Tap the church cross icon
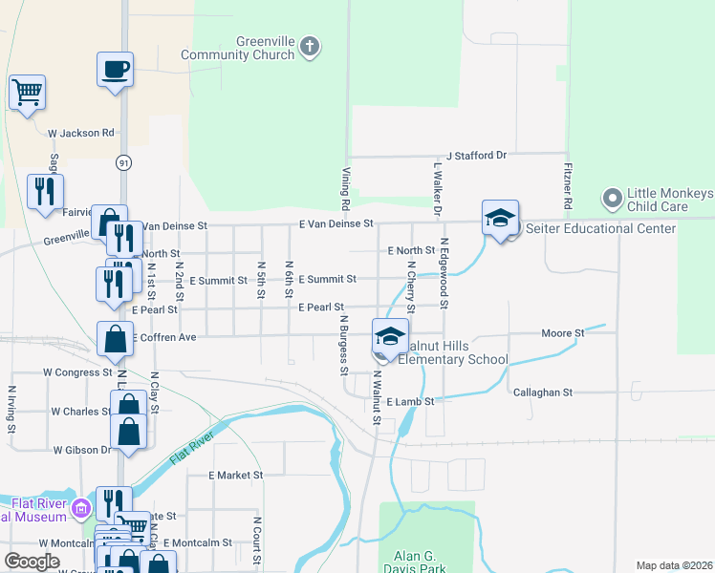[309, 46]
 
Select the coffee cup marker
[115, 70]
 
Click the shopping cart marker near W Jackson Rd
[28, 93]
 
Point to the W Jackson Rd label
[81, 133]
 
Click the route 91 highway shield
[123, 162]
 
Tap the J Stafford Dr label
[475, 155]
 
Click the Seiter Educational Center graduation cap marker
[500, 219]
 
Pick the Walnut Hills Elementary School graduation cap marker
[389, 337]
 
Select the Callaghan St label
[542, 393]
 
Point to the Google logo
[32, 562]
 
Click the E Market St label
[235, 475]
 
